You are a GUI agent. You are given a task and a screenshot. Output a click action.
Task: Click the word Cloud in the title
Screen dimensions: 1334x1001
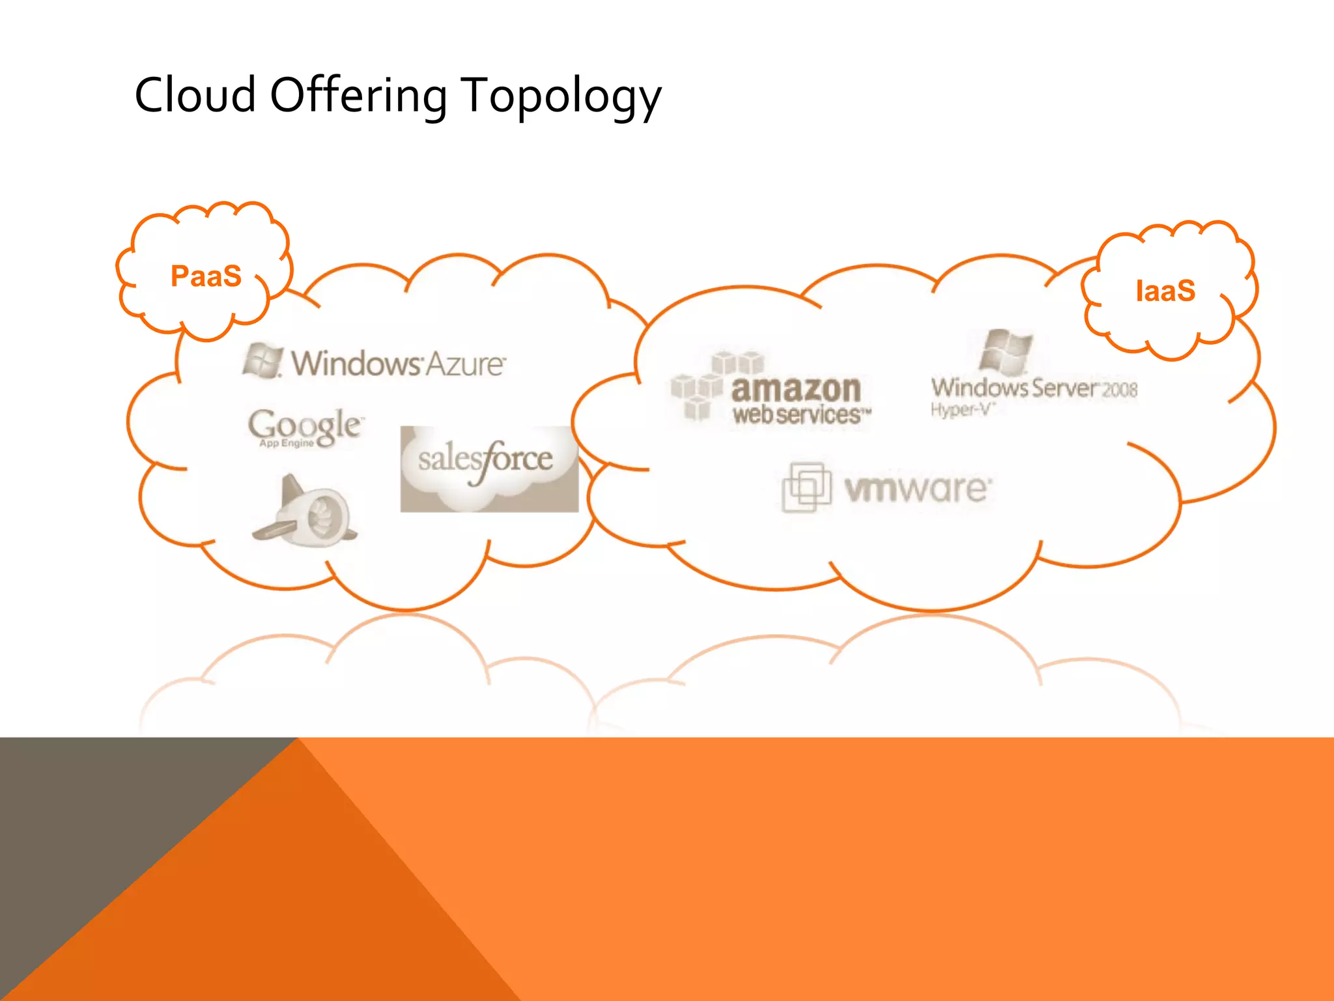pyautogui.click(x=195, y=95)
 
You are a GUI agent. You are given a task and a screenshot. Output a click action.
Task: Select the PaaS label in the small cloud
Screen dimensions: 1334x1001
pyautogui.click(x=206, y=276)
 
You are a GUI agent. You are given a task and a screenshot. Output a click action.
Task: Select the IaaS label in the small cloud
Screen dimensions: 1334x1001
pyautogui.click(x=1165, y=291)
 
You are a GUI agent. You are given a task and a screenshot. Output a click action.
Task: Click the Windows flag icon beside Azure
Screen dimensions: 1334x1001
pyautogui.click(x=263, y=360)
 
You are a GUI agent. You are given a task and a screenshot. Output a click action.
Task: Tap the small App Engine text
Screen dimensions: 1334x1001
pyautogui.click(x=287, y=444)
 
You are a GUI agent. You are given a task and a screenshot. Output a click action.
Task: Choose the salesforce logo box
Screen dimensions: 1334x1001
pyautogui.click(x=489, y=469)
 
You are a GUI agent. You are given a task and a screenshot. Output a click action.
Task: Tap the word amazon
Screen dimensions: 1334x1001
pyautogui.click(x=796, y=389)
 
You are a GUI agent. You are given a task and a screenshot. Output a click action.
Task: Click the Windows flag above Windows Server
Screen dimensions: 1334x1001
pyautogui.click(x=1006, y=352)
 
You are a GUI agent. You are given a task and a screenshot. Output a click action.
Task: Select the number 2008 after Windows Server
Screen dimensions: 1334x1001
pyautogui.click(x=1120, y=390)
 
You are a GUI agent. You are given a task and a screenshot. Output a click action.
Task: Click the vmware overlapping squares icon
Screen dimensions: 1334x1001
pyautogui.click(x=806, y=487)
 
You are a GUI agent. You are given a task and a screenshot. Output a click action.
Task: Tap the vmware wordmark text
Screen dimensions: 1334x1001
pyautogui.click(x=918, y=489)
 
